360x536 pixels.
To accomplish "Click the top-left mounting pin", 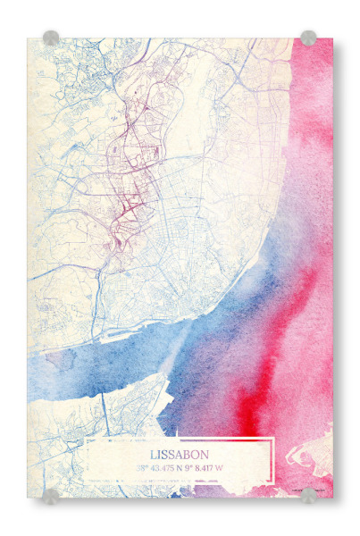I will point(51,38).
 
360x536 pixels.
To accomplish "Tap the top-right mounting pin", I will point(308,38).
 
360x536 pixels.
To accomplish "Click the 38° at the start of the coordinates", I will point(142,467).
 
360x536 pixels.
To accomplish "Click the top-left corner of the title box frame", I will point(88,440).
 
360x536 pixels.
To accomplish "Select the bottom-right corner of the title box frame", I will point(272,483).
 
